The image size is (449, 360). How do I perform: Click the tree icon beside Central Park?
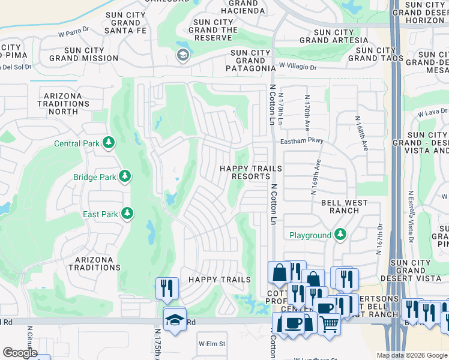109,143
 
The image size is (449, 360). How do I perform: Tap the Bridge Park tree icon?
124,176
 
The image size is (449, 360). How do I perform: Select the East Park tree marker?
127,214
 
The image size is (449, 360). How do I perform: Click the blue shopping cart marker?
328,323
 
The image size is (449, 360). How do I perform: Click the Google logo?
20,353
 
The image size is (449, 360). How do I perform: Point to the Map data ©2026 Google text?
412,355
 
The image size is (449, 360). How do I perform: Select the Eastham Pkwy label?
302,141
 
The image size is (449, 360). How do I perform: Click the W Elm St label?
212,344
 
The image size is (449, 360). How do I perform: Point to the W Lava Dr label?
433,112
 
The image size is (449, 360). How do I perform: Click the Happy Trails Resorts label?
244,173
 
